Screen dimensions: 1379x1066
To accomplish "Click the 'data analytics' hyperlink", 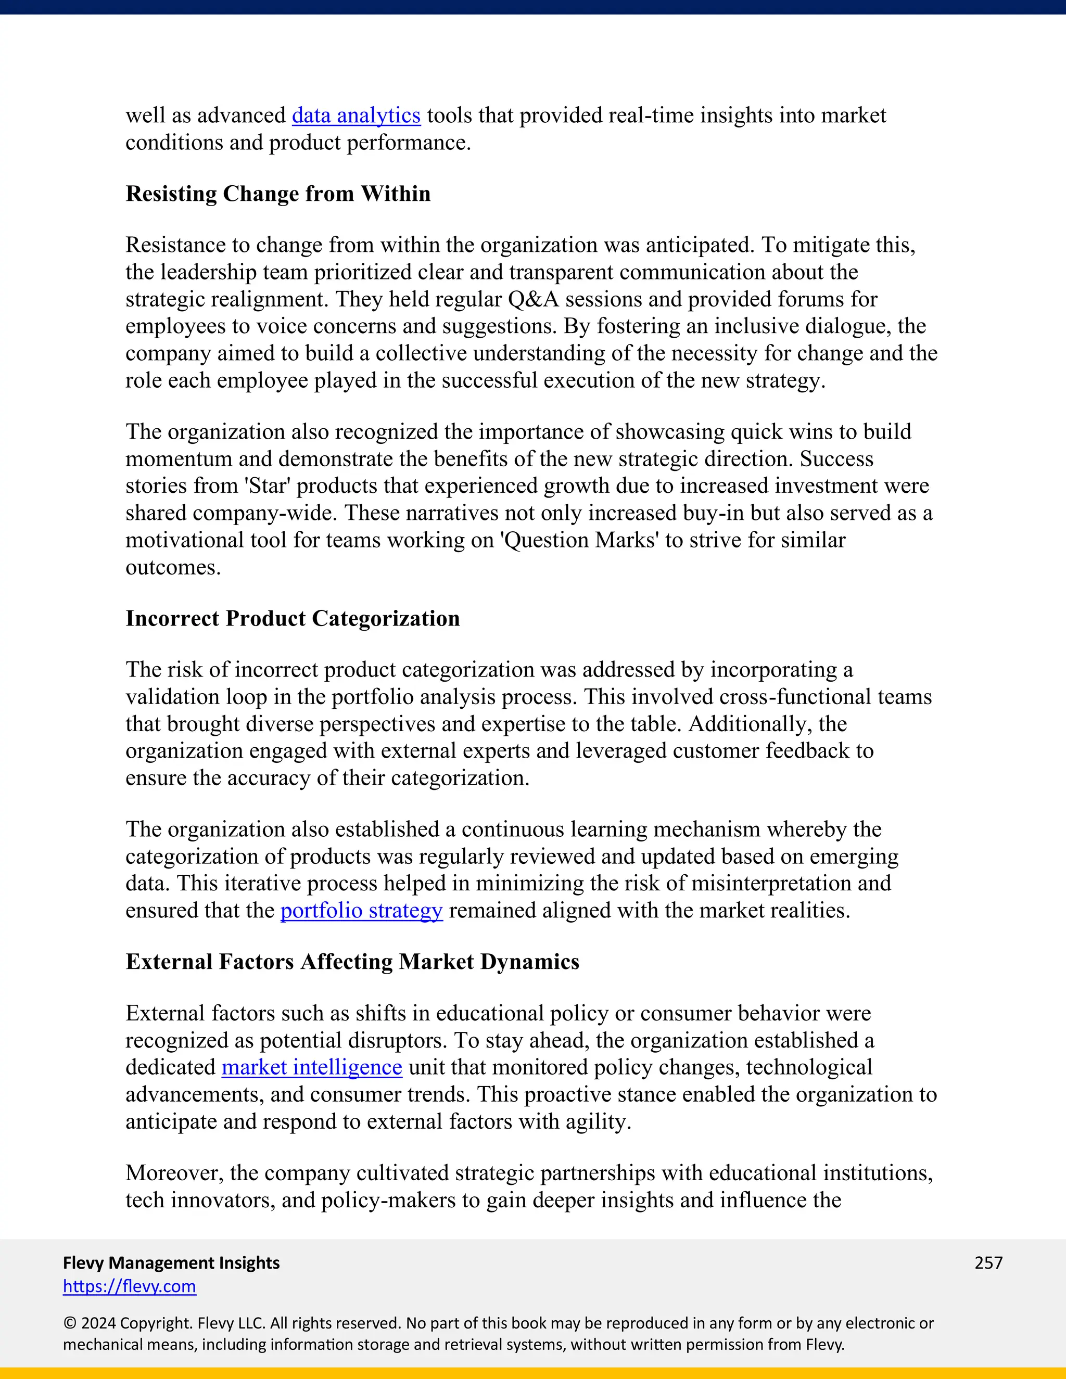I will pos(356,116).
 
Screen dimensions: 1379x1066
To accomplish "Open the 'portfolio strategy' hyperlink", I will pos(361,911).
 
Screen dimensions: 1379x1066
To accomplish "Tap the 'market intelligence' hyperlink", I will pos(311,1067).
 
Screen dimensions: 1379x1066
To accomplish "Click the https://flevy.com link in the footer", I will pos(130,1286).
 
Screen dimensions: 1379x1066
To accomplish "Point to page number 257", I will pos(988,1263).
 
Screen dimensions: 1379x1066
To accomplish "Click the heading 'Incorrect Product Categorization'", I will pos(293,618).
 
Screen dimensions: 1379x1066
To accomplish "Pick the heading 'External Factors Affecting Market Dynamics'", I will pos(352,962).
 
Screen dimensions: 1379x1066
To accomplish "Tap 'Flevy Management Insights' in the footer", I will pos(171,1263).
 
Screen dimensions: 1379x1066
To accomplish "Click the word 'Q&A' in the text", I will pos(533,299).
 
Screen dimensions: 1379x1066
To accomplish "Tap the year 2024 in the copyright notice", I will pos(98,1323).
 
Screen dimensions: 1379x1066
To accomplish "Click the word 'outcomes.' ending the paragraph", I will pos(173,567).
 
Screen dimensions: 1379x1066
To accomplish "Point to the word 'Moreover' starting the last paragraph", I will pos(174,1173).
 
